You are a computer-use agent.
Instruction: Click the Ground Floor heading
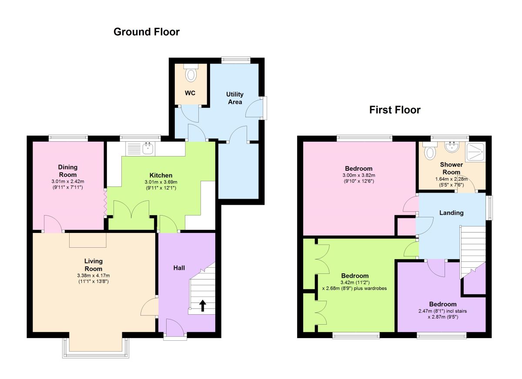click(147, 32)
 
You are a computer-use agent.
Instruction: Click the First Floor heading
click(395, 110)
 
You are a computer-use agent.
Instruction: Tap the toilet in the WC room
click(191, 73)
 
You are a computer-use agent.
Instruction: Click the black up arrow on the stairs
click(203, 306)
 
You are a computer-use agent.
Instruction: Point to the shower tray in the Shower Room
click(475, 152)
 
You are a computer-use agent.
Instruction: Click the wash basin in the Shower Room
click(452, 147)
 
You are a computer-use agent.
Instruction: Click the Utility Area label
click(235, 98)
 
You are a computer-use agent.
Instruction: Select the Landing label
click(452, 213)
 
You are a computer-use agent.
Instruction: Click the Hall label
click(179, 268)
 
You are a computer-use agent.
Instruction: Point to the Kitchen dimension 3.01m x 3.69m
click(161, 182)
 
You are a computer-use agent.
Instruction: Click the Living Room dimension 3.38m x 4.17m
click(94, 276)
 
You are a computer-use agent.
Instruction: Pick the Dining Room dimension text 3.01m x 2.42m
click(68, 181)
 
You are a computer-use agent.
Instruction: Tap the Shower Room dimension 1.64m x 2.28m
click(452, 179)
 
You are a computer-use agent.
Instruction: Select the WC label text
click(190, 93)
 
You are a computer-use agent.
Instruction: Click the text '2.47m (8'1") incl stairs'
click(442, 311)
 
